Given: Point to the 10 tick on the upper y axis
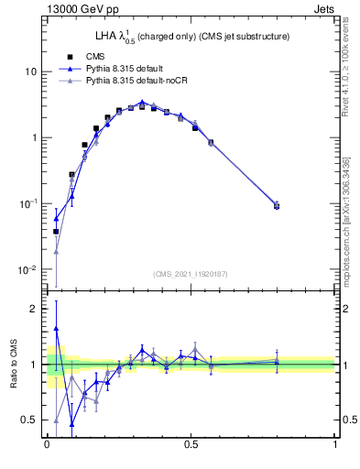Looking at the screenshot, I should pos(30,71).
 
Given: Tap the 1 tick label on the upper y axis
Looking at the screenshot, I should pos(33,137).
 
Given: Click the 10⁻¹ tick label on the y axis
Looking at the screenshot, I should pos(27,203).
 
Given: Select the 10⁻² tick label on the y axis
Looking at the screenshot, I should pos(27,269).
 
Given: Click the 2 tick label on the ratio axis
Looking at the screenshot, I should pos(33,310).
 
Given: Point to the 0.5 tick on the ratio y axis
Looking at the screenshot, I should pos(29,420).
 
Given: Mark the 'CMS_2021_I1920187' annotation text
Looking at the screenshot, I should pos(191,274).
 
